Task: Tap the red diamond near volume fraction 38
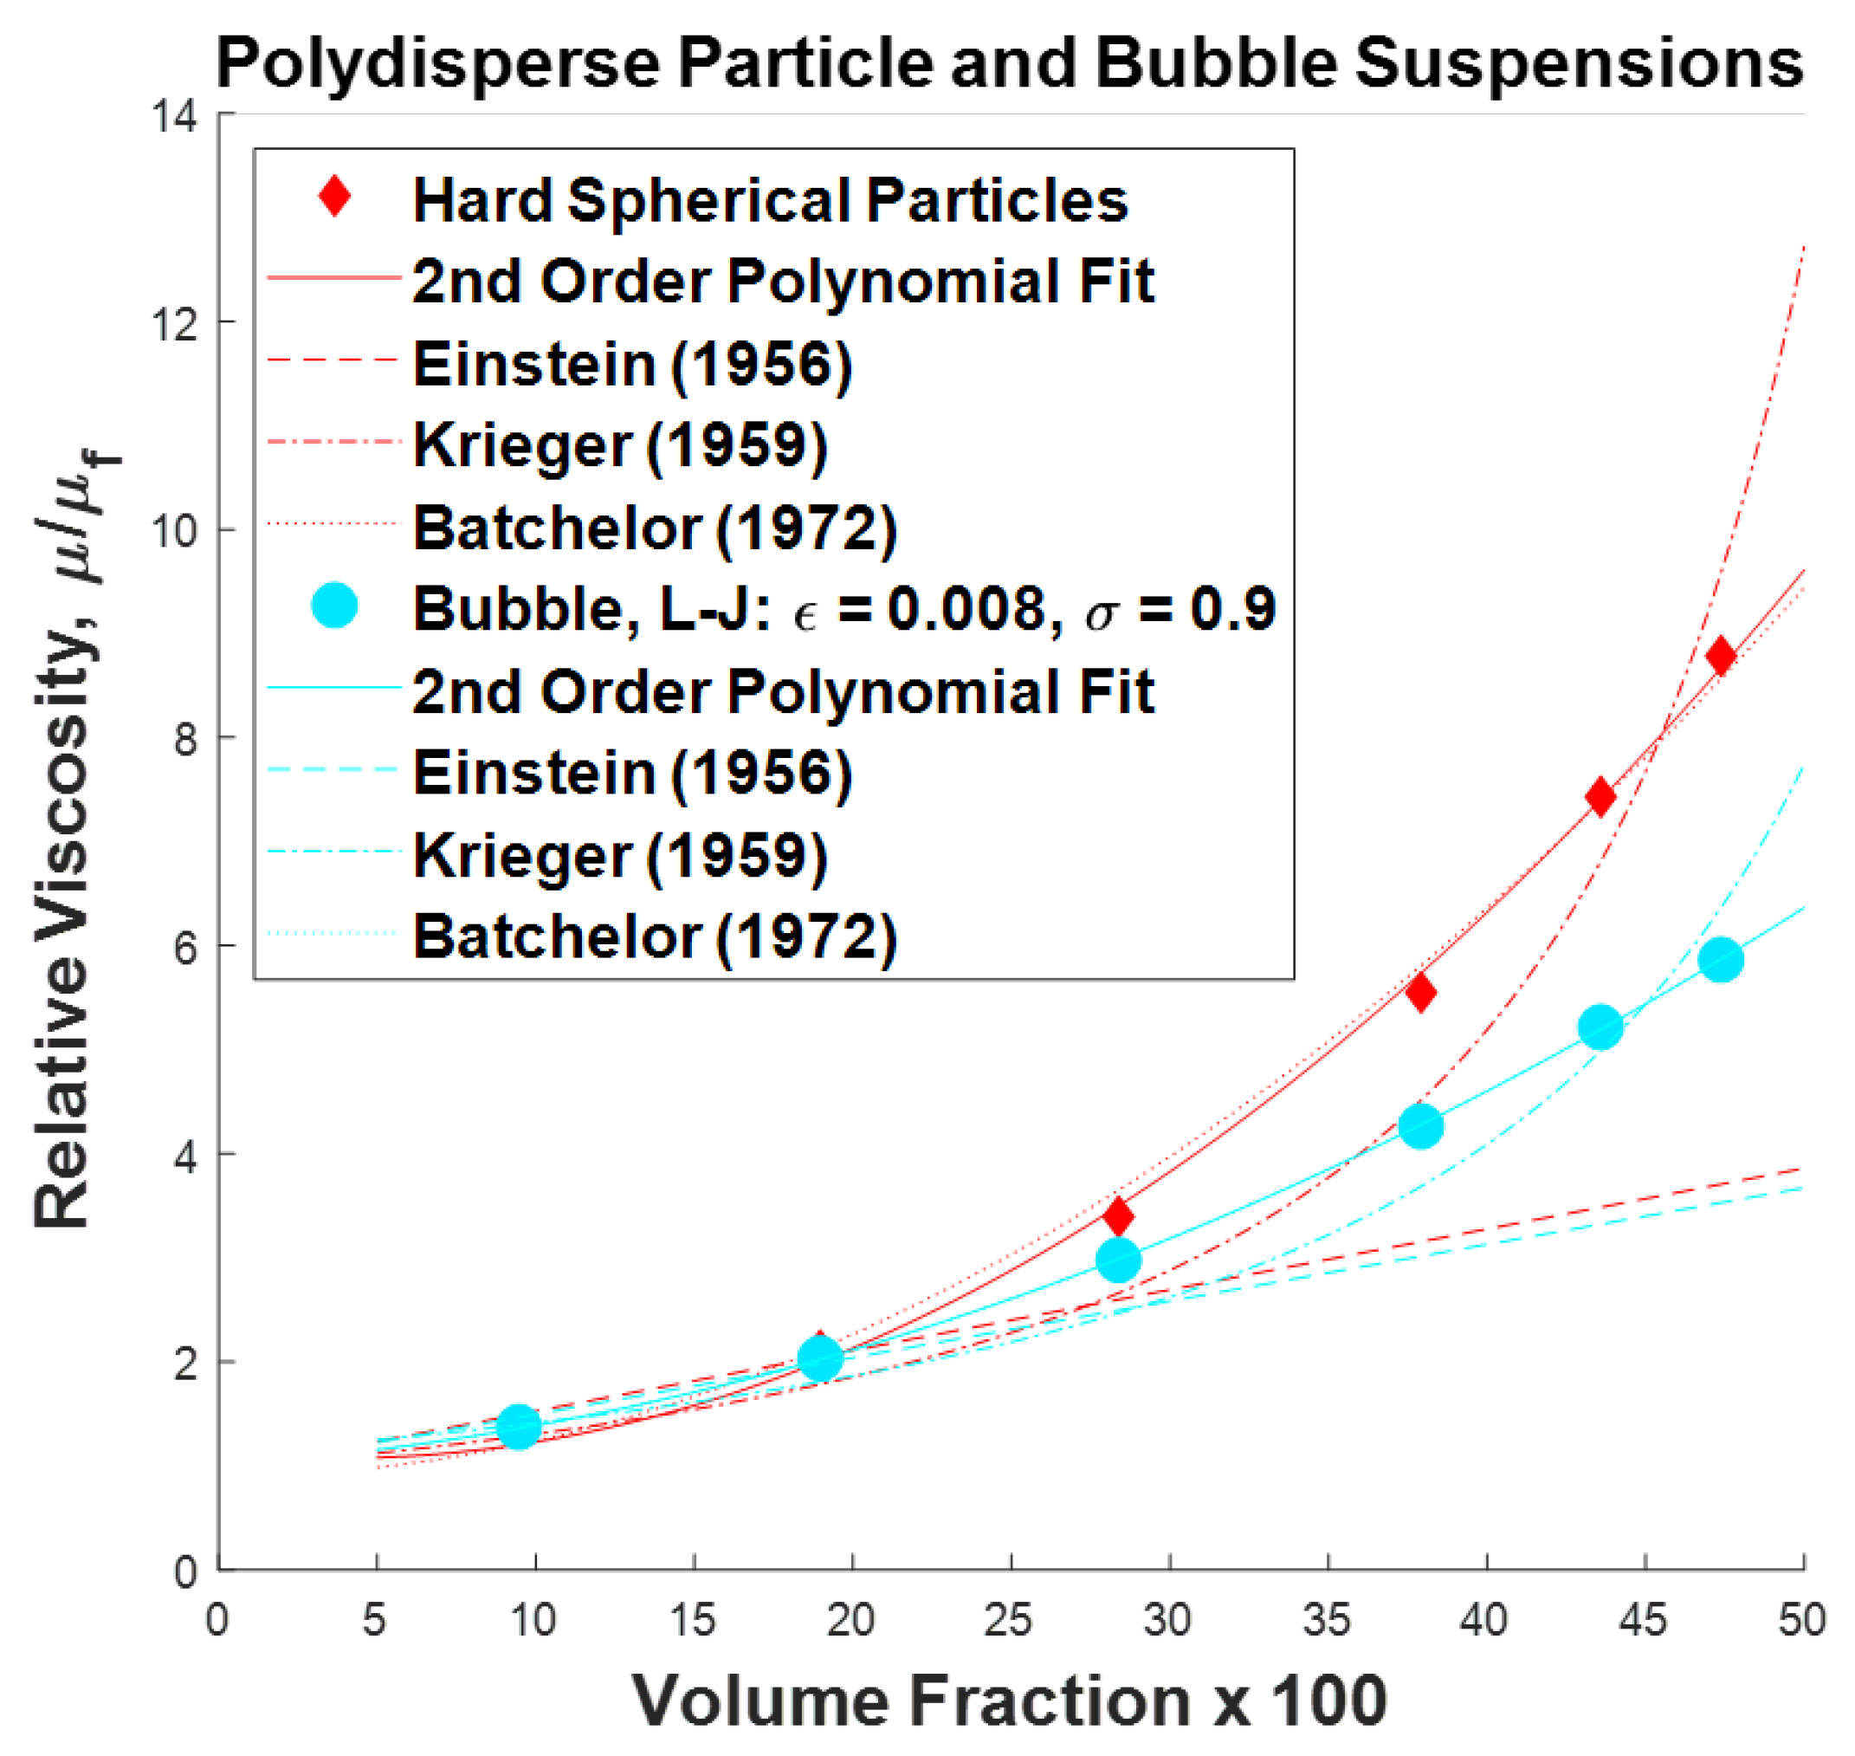[1421, 992]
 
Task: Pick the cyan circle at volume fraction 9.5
[519, 1427]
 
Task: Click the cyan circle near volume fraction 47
[1720, 960]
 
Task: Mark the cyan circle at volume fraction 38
[1421, 1126]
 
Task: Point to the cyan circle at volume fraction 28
[1118, 1260]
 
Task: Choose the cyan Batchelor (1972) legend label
[656, 936]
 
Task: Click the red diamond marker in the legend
[335, 197]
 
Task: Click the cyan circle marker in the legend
[335, 606]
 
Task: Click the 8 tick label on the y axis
[185, 740]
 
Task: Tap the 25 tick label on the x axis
[1009, 1619]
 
